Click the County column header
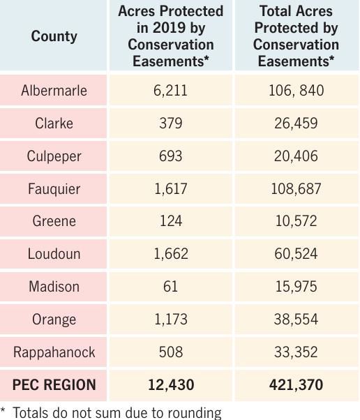(54, 36)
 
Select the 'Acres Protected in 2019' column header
(170, 36)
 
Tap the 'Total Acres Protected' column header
(296, 36)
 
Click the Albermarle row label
(54, 90)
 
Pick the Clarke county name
(54, 123)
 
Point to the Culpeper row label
(54, 156)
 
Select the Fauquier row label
(54, 188)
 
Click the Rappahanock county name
(54, 352)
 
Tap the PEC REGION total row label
(54, 384)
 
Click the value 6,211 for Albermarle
(170, 90)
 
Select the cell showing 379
(170, 123)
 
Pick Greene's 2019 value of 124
(170, 221)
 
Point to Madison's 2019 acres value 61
(170, 286)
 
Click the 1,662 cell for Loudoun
(170, 254)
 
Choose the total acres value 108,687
(296, 188)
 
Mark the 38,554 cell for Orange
(296, 319)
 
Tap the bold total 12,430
(170, 384)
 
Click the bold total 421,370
(296, 384)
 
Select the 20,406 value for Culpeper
(296, 156)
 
